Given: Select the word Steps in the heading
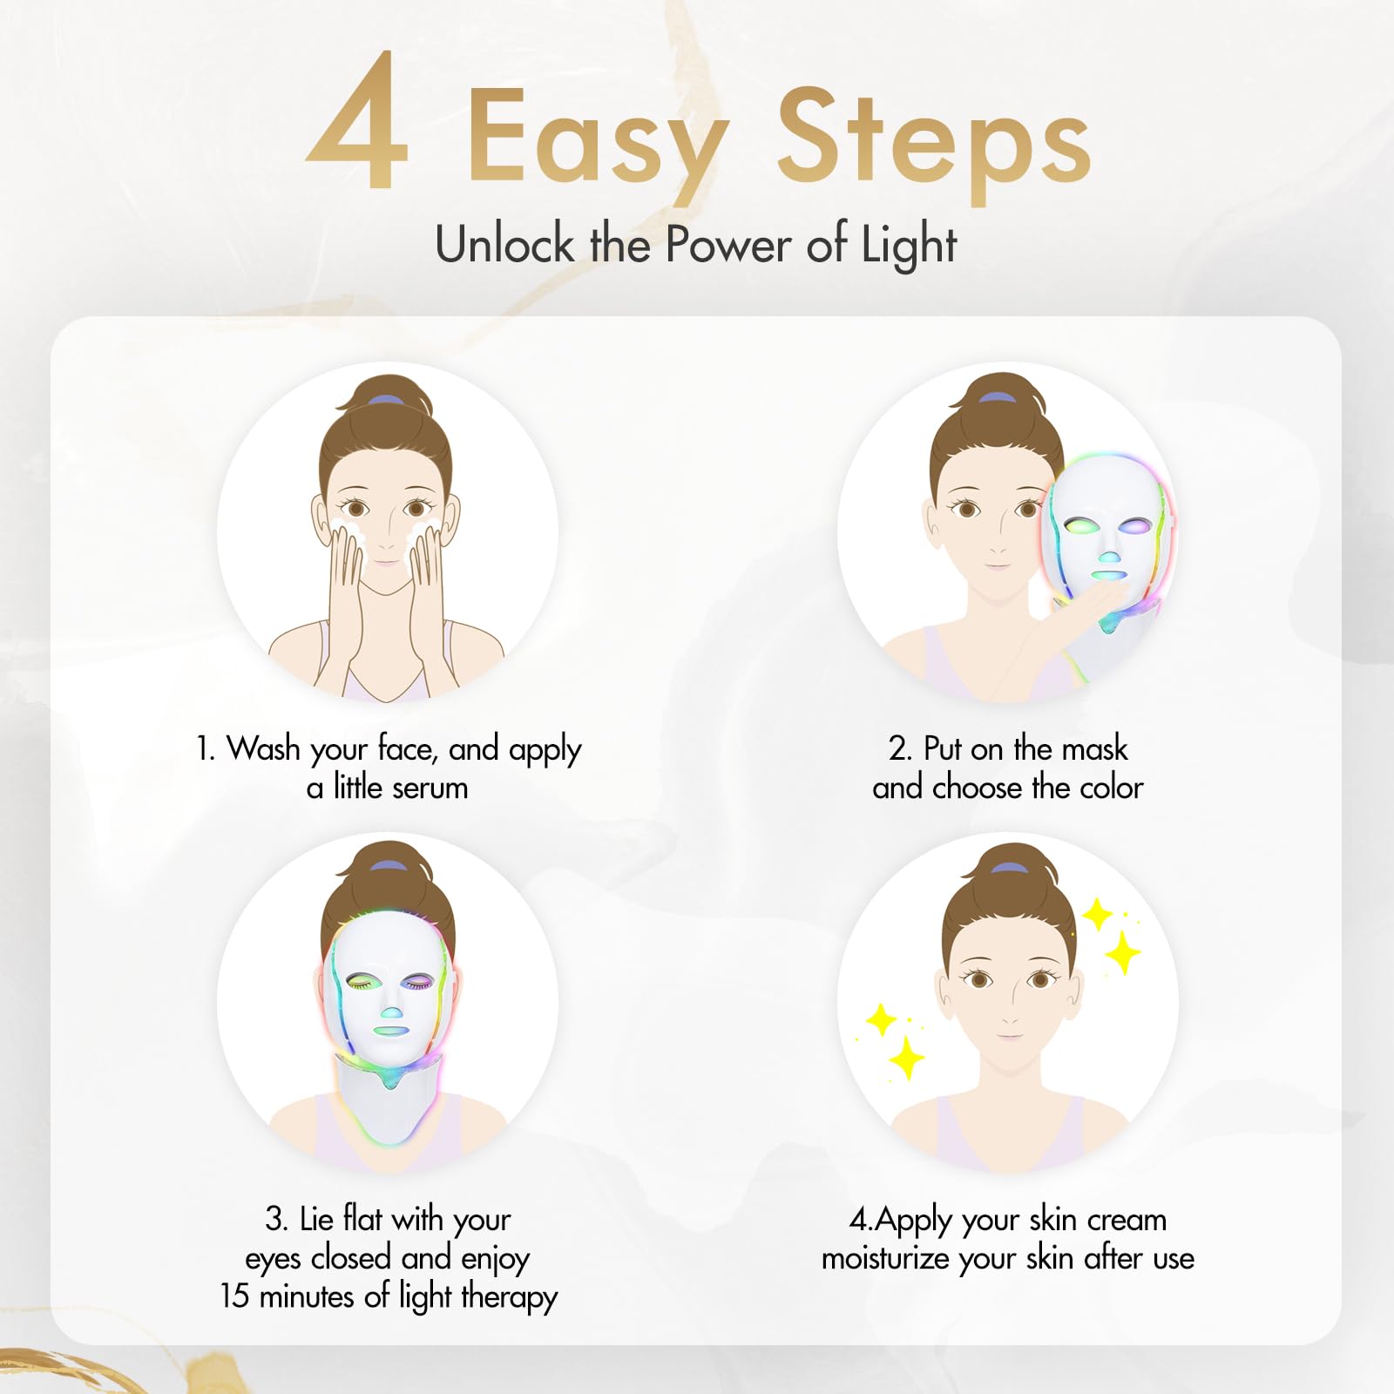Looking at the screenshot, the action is click(x=933, y=139).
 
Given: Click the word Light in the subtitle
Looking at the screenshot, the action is click(x=909, y=245).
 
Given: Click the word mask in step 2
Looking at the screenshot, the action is click(x=1094, y=748).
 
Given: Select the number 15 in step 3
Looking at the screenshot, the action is click(x=234, y=1296).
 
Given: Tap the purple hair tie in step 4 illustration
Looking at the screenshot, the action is click(x=1009, y=869).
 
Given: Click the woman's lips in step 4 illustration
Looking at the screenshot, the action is click(x=1009, y=1035).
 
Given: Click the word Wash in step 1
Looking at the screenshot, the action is click(x=263, y=748).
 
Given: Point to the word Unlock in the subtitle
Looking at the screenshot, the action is click(x=504, y=243).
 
